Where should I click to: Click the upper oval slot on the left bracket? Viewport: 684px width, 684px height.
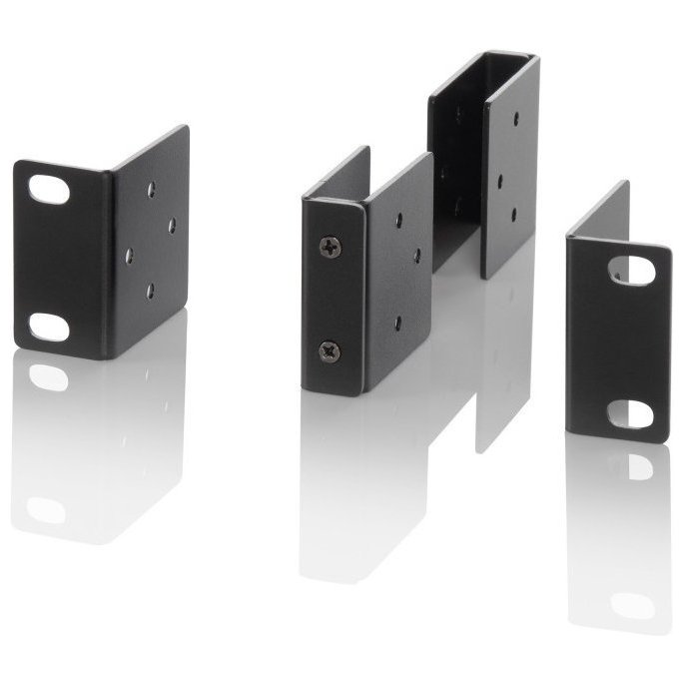(48, 189)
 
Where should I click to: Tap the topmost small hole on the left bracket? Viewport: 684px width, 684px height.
(150, 187)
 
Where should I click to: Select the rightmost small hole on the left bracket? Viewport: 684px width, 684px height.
(172, 224)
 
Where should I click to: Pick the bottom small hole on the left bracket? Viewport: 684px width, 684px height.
(150, 291)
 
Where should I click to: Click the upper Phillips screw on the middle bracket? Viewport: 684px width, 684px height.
(330, 247)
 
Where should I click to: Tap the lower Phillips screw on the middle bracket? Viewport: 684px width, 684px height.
(330, 350)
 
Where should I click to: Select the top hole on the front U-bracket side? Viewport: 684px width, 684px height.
(397, 219)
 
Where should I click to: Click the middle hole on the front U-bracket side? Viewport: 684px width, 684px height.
(416, 255)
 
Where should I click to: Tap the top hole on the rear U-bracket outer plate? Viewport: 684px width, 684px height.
(515, 118)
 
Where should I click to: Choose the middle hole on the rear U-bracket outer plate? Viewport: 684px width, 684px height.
(498, 182)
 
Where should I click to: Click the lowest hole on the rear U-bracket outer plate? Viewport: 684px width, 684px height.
(514, 213)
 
